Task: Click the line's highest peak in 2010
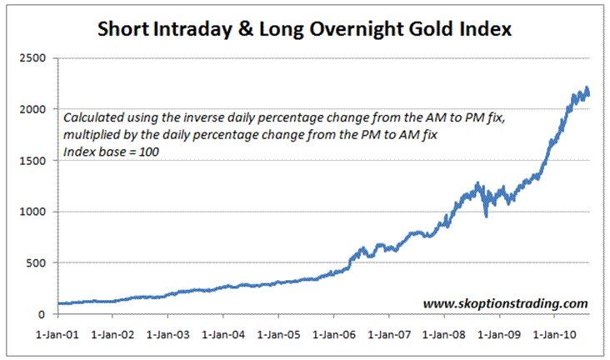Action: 587,88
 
